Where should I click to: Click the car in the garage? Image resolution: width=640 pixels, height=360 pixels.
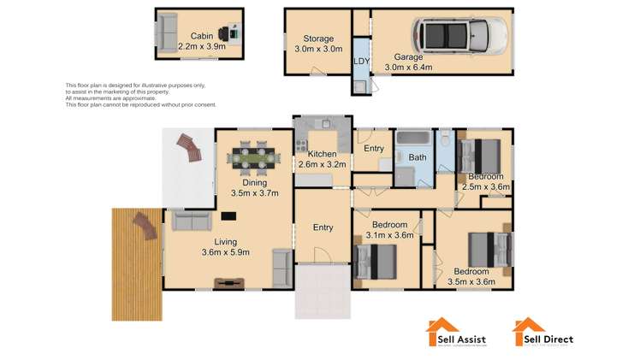click(x=460, y=35)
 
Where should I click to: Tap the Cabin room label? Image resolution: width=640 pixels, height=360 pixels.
click(x=202, y=35)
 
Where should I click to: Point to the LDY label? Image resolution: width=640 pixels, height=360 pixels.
click(x=362, y=60)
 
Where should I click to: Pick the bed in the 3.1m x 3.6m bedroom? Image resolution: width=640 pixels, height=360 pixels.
click(x=377, y=261)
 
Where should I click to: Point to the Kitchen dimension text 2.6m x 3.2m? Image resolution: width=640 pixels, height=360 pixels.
click(x=321, y=164)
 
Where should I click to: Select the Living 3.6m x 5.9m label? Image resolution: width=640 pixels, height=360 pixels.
click(x=220, y=246)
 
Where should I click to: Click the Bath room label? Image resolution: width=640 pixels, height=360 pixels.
click(x=418, y=158)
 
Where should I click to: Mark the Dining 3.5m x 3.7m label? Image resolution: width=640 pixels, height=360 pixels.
click(x=254, y=188)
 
